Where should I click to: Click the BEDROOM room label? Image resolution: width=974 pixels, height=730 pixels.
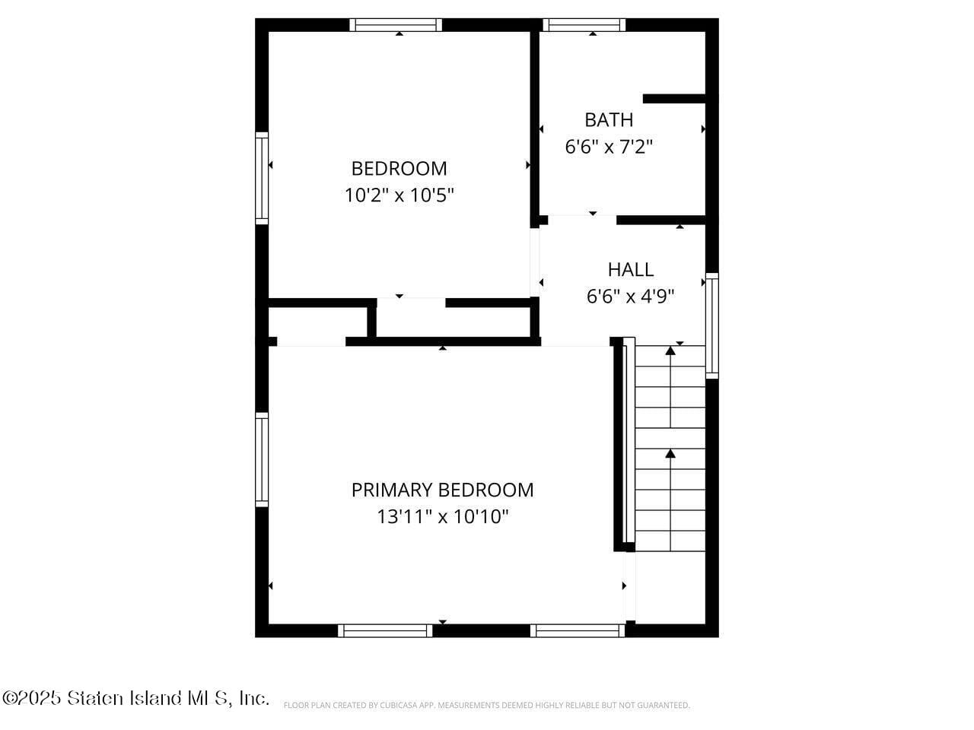pyautogui.click(x=399, y=168)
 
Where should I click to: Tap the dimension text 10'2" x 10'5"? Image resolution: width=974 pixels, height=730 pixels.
pyautogui.click(x=399, y=195)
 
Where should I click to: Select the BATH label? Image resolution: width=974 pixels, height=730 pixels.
pyautogui.click(x=608, y=119)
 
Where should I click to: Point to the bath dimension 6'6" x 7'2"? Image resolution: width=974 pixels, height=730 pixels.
pyautogui.click(x=608, y=147)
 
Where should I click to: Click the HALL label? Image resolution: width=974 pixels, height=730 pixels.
pyautogui.click(x=630, y=269)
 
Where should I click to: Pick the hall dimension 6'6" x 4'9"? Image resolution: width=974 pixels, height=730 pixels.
pyautogui.click(x=630, y=297)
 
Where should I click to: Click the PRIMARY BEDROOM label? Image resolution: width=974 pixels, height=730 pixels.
pyautogui.click(x=442, y=490)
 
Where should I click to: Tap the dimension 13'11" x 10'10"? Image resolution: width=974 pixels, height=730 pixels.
pyautogui.click(x=442, y=517)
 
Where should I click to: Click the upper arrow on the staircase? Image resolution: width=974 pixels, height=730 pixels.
pyautogui.click(x=670, y=351)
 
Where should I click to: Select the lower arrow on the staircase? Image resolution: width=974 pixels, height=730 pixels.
pyautogui.click(x=670, y=454)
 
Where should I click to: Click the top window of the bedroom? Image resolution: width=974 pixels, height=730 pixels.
pyautogui.click(x=396, y=25)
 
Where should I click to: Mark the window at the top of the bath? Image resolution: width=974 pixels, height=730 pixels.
pyautogui.click(x=584, y=25)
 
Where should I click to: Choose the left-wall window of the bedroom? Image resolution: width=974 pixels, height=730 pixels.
pyautogui.click(x=262, y=178)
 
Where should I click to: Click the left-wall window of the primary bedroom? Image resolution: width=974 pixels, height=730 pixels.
pyautogui.click(x=262, y=459)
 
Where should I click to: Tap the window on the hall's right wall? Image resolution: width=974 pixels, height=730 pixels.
pyautogui.click(x=711, y=325)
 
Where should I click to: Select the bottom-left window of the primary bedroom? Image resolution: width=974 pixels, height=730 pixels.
pyautogui.click(x=385, y=630)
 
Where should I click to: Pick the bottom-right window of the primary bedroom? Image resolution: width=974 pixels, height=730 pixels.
pyautogui.click(x=578, y=630)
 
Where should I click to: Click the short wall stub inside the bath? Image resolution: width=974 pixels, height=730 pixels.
pyautogui.click(x=674, y=99)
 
